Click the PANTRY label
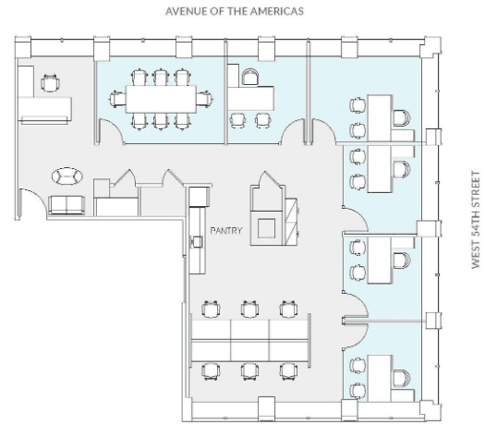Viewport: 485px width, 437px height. click(226, 230)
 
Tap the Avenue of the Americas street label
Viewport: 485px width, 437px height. click(235, 11)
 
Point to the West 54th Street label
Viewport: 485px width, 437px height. click(476, 220)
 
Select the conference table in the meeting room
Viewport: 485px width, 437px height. click(161, 99)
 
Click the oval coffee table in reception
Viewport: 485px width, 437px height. click(67, 176)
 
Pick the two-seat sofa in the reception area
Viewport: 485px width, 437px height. click(67, 205)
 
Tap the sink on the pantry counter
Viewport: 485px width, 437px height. click(197, 241)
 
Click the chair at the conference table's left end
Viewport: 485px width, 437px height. click(117, 99)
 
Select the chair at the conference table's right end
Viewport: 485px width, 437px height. click(204, 99)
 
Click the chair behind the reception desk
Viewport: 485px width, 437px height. click(50, 83)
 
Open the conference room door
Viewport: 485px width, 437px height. click(112, 131)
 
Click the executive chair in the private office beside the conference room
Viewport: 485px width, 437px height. click(250, 77)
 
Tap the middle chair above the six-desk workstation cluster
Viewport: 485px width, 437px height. click(249, 309)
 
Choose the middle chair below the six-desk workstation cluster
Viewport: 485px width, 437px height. click(249, 371)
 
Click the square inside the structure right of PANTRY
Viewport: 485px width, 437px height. click(266, 228)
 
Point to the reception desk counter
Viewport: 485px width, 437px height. click(45, 110)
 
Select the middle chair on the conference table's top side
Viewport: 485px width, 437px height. click(161, 78)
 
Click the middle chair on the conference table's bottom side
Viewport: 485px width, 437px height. click(161, 121)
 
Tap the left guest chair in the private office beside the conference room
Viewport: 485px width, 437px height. click(237, 121)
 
